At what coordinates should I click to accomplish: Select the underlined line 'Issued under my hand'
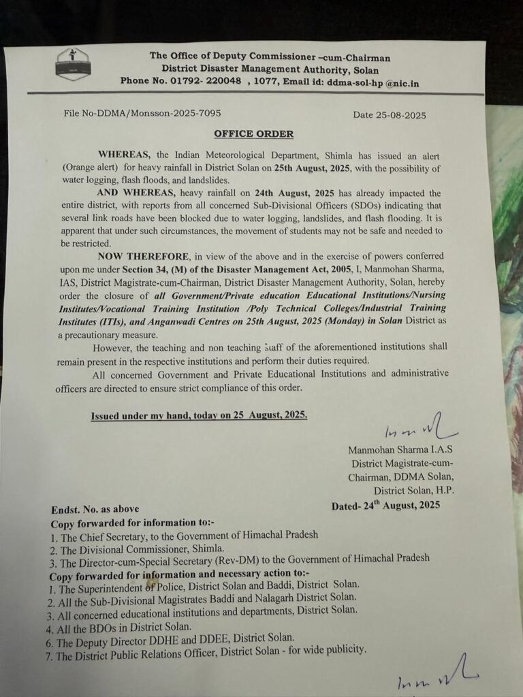pos(199,415)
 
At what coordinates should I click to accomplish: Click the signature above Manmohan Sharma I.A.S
pos(415,431)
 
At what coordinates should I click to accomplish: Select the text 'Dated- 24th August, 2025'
pos(386,506)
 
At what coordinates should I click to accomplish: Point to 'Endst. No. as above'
pos(95,510)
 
